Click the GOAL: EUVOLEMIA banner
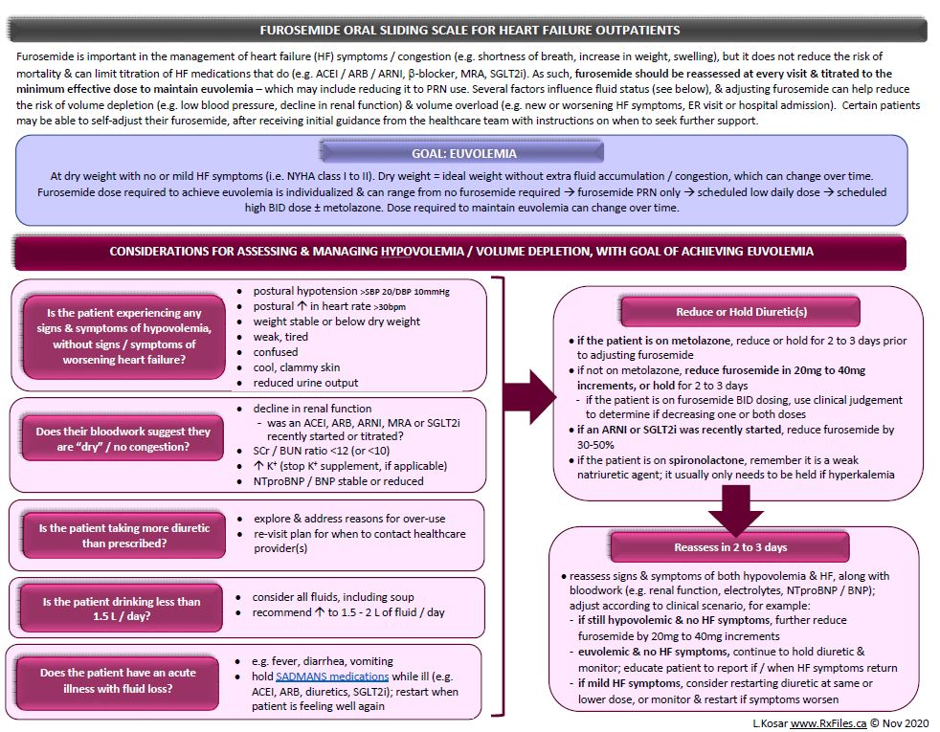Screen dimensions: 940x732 (x=462, y=153)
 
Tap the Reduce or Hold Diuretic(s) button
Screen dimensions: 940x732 (x=741, y=312)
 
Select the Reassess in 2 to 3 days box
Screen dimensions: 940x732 (x=730, y=547)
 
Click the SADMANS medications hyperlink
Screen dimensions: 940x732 (x=332, y=677)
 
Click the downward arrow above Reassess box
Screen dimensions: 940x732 (x=735, y=510)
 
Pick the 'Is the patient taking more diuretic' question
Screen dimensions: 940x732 (x=124, y=536)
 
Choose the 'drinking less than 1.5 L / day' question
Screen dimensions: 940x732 (x=122, y=609)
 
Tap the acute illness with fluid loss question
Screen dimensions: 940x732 (x=118, y=680)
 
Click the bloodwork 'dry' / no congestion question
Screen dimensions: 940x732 (x=123, y=438)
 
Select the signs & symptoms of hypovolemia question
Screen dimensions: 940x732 (x=124, y=336)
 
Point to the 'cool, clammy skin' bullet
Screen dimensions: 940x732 (x=296, y=367)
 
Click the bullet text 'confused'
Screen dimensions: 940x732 (x=275, y=351)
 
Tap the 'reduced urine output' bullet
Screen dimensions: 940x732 (x=305, y=382)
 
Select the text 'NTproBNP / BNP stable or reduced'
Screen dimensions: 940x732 (x=338, y=481)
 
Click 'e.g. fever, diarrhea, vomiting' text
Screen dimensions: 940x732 (x=323, y=661)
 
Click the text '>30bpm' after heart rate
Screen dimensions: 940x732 (x=390, y=307)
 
